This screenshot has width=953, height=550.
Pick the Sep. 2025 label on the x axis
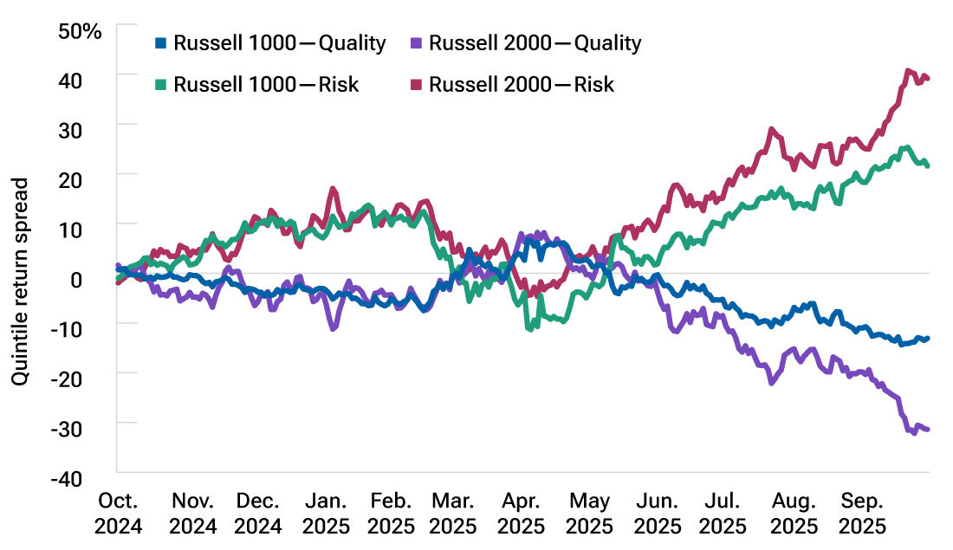[x=863, y=513]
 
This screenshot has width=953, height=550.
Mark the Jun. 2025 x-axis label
[x=658, y=513]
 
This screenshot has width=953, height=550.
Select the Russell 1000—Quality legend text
[x=279, y=43]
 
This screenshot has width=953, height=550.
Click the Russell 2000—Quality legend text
[x=535, y=43]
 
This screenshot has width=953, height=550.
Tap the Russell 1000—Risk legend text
[x=266, y=84]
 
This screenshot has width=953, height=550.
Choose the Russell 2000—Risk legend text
[x=522, y=84]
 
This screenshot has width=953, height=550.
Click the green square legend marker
[x=161, y=84]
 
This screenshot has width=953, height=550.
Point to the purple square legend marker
[x=417, y=43]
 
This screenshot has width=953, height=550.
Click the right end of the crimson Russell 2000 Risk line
[x=928, y=79]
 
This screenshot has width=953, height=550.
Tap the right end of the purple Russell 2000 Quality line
[x=928, y=429]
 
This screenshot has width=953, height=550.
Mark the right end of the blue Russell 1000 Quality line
[x=928, y=338]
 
